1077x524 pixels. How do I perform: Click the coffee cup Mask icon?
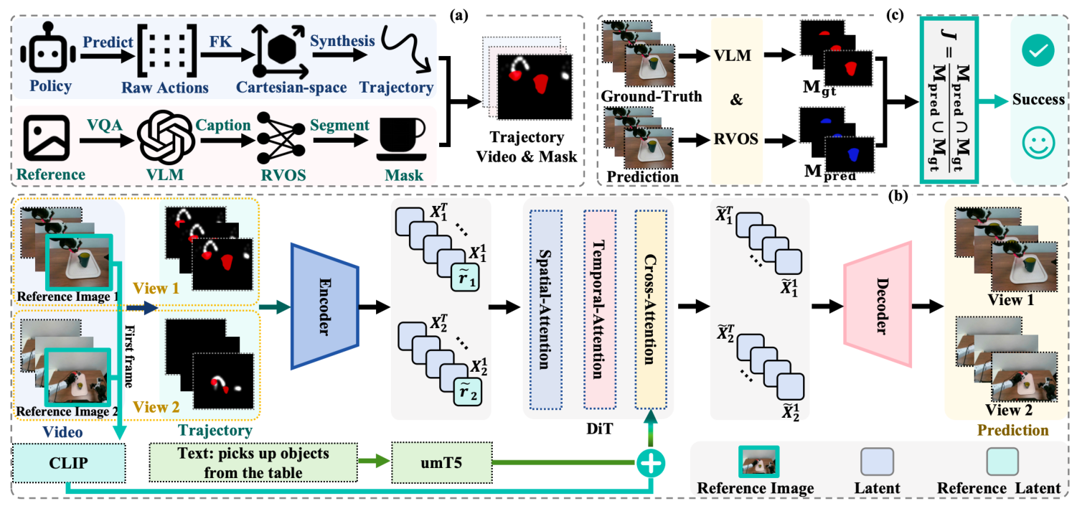[400, 140]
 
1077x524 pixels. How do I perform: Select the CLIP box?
[69, 463]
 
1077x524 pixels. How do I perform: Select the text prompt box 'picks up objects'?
[253, 462]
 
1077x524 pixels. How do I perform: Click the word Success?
[1038, 99]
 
